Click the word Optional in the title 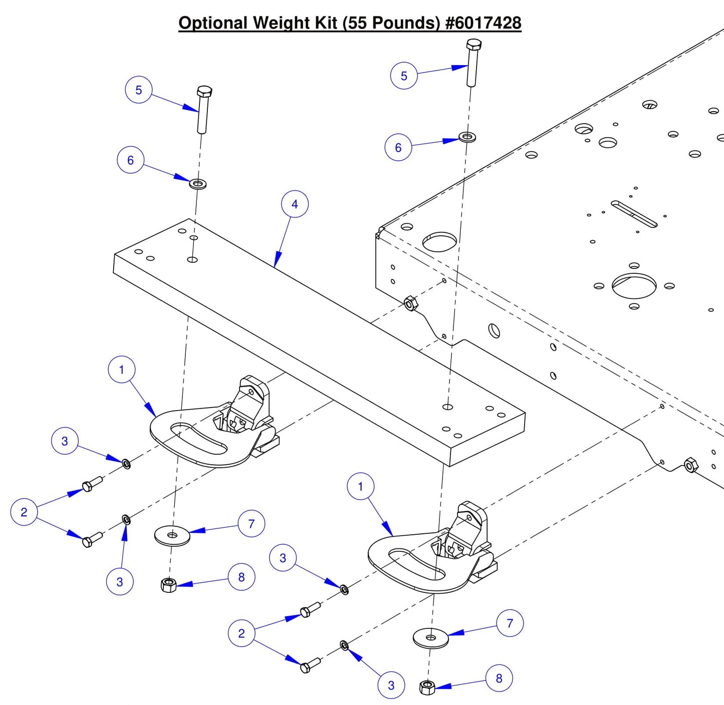tap(213, 23)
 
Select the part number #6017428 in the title tap(484, 23)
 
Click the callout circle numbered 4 tap(295, 204)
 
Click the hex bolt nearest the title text tap(472, 63)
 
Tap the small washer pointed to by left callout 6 tap(198, 184)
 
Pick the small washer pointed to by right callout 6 tap(467, 137)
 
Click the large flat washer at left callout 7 tap(172, 536)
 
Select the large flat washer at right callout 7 tap(431, 638)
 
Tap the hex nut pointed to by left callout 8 tap(169, 584)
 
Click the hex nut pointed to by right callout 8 tap(427, 687)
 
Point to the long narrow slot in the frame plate tap(634, 214)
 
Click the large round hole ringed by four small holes tap(634, 286)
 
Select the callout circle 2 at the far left tap(24, 512)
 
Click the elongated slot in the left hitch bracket tap(198, 439)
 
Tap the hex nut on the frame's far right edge tap(691, 465)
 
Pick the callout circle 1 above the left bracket tap(121, 370)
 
